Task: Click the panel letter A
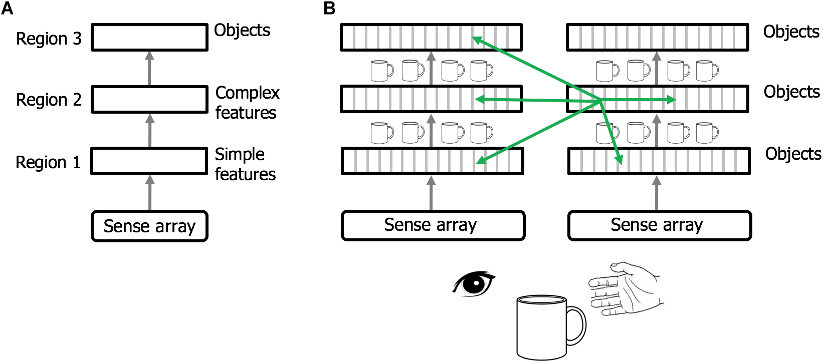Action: coord(7,9)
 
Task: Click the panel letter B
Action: coord(329,9)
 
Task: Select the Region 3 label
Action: coord(49,39)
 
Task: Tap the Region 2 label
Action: coord(49,100)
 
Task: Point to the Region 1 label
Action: coord(48,162)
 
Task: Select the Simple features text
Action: coord(245,164)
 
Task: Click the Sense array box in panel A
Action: coord(149,226)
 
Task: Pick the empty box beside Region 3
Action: coord(149,37)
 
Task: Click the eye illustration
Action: coord(474,284)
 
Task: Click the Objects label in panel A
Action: coord(242,31)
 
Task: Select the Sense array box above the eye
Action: coord(433,225)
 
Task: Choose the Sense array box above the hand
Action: coord(659,225)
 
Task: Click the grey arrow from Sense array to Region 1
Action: coord(149,193)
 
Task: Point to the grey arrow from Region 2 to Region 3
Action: coord(149,68)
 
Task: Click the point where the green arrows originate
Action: coord(600,102)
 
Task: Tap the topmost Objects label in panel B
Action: coord(791,32)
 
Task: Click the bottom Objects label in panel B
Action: coord(793,154)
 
